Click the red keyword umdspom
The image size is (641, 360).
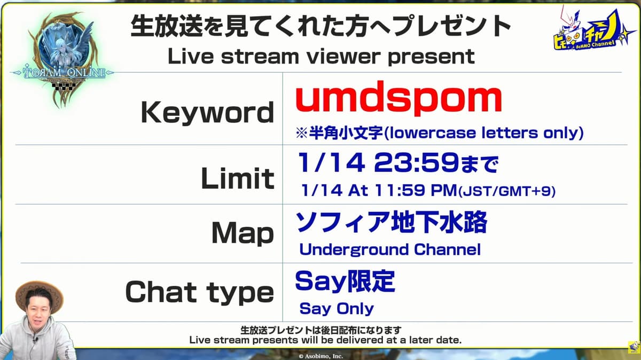pyautogui.click(x=398, y=98)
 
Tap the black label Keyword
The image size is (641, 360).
pyautogui.click(x=207, y=113)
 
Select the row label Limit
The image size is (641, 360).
pyautogui.click(x=238, y=178)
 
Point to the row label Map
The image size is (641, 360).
pyautogui.click(x=243, y=233)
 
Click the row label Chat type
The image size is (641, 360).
pyautogui.click(x=199, y=292)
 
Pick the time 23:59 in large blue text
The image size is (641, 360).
pyautogui.click(x=417, y=162)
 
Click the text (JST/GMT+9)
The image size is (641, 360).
pyautogui.click(x=507, y=191)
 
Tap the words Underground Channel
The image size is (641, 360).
pyautogui.click(x=390, y=249)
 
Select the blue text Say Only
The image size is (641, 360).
pyautogui.click(x=337, y=309)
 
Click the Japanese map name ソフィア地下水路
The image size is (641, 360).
pyautogui.click(x=391, y=222)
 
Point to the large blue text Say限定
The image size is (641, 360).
pyautogui.click(x=345, y=281)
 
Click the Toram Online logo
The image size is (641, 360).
pyautogui.click(x=63, y=59)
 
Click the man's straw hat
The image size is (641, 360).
pyautogui.click(x=39, y=295)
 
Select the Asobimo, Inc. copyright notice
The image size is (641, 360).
pyautogui.click(x=321, y=356)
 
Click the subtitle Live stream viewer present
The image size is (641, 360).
pyautogui.click(x=321, y=57)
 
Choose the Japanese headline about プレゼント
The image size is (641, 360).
pyautogui.click(x=320, y=26)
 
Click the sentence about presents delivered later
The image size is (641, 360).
pyautogui.click(x=325, y=340)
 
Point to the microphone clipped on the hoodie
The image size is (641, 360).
pyautogui.click(x=35, y=340)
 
